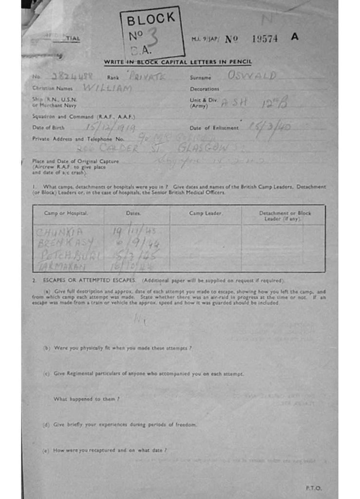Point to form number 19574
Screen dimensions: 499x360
pyautogui.click(x=265, y=39)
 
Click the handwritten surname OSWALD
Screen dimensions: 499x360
pyautogui.click(x=252, y=76)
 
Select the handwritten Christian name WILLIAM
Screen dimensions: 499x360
pyautogui.click(x=108, y=89)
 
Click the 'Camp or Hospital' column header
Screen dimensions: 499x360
pyautogui.click(x=66, y=213)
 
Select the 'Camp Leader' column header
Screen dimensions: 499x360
pyautogui.click(x=206, y=213)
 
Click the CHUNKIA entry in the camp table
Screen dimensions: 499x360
pyautogui.click(x=60, y=232)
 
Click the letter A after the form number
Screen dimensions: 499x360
pyautogui.click(x=294, y=37)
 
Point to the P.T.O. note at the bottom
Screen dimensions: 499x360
pyautogui.click(x=313, y=488)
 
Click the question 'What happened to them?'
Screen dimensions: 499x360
pyautogui.click(x=86, y=399)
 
